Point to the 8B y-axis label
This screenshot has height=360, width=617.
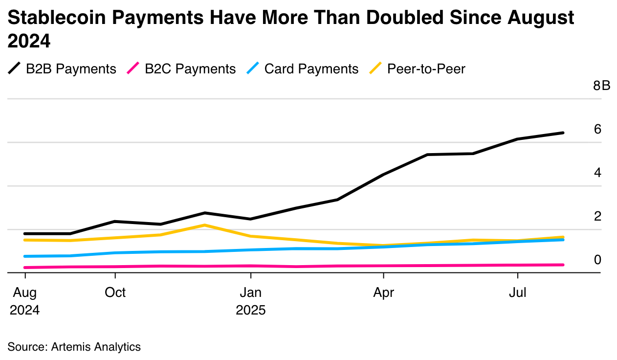click(x=601, y=86)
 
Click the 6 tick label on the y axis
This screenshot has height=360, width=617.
click(x=597, y=130)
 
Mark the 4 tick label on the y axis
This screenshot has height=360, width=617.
click(x=597, y=173)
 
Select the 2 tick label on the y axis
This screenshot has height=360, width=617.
click(x=597, y=216)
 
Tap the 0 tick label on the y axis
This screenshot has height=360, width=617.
click(x=597, y=260)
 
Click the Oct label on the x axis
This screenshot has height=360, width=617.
click(x=115, y=292)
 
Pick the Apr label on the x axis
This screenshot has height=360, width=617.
click(x=383, y=292)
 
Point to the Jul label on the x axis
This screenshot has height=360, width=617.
click(x=518, y=292)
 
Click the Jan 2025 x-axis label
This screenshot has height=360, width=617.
click(x=250, y=301)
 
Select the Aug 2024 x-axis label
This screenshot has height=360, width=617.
click(x=24, y=301)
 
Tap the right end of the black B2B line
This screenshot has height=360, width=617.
click(x=563, y=133)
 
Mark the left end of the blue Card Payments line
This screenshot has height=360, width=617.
click(x=24, y=256)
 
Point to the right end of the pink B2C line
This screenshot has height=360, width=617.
click(x=563, y=265)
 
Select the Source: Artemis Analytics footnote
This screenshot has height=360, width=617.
click(x=74, y=347)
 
